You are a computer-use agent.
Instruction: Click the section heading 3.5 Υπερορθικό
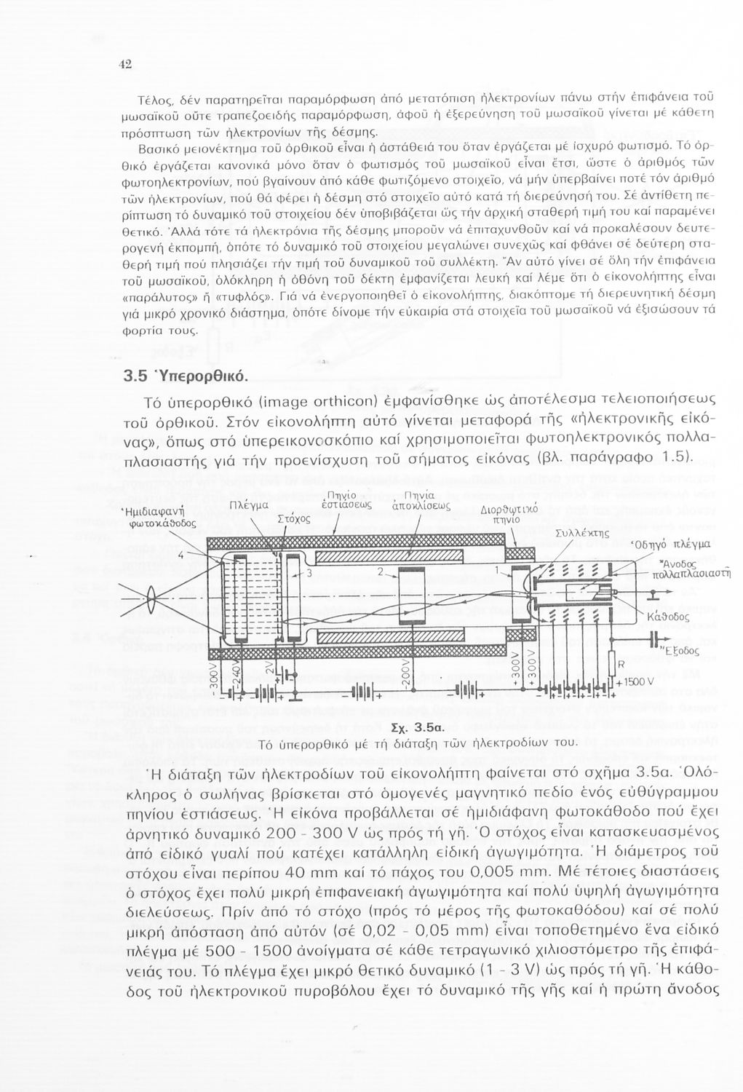click(x=186, y=376)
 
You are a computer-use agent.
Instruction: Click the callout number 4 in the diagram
click(x=180, y=556)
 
